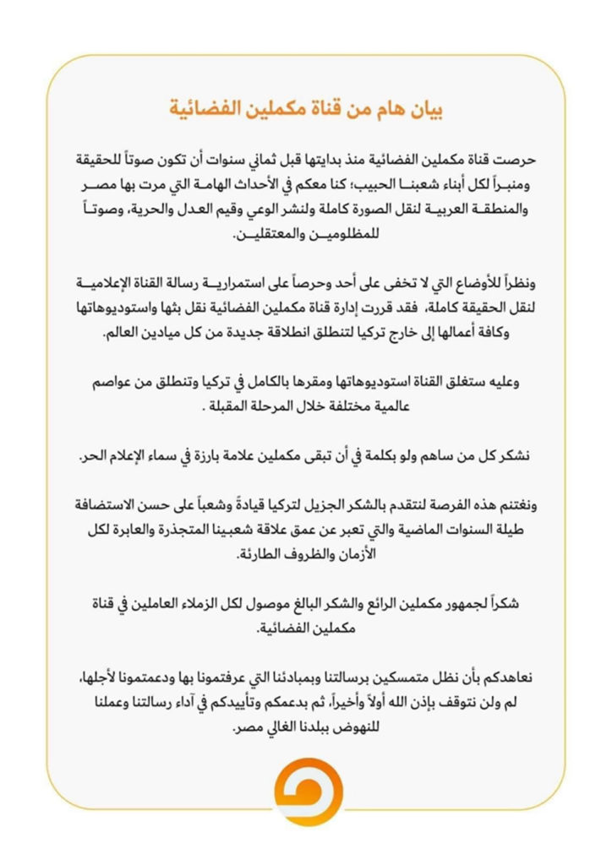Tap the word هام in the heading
point(389,110)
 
